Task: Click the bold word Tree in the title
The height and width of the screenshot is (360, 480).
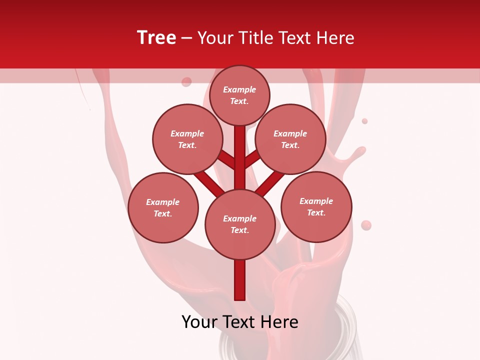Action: (156, 38)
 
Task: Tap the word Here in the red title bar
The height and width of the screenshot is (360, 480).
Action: (336, 38)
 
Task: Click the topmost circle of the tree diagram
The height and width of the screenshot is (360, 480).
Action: (239, 95)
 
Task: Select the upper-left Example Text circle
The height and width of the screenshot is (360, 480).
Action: (187, 139)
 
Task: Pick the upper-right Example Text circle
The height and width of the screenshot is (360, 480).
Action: (290, 139)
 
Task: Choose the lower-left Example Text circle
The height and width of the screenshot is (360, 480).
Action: (163, 207)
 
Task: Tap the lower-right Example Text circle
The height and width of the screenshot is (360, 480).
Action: (316, 206)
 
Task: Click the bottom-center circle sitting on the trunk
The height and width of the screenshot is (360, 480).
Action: (240, 224)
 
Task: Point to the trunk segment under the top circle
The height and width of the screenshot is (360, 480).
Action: (240, 150)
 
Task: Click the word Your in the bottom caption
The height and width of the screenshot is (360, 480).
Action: (200, 322)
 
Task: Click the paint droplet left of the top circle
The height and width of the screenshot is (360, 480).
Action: (186, 81)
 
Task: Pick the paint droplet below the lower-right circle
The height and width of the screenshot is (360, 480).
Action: (366, 225)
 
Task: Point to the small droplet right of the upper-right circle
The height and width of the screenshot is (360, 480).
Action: (364, 121)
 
